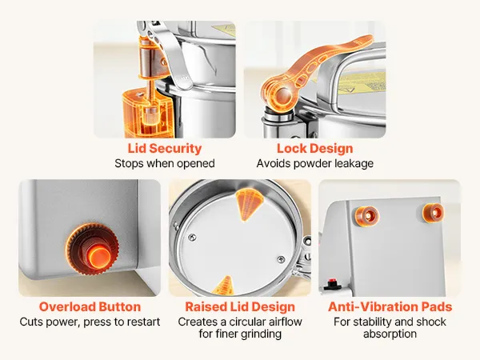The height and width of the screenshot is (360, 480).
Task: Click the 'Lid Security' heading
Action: [165, 149]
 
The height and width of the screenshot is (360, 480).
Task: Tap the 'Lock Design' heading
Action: [315, 149]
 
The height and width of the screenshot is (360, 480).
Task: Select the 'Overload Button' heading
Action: [90, 306]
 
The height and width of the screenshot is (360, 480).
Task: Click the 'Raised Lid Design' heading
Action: [240, 306]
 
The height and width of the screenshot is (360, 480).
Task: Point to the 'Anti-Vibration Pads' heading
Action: [390, 306]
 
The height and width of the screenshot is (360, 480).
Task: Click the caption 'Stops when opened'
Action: [165, 163]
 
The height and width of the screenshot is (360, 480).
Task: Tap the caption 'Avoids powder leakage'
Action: [315, 163]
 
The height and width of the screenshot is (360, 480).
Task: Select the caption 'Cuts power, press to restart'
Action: [90, 322]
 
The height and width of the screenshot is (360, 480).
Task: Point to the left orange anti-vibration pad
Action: [366, 216]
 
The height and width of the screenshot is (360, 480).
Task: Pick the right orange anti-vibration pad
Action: [433, 213]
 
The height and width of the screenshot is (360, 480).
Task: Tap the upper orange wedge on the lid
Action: [249, 204]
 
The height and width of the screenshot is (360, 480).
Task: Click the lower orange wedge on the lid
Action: [222, 286]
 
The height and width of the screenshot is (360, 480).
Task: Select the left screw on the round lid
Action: [192, 238]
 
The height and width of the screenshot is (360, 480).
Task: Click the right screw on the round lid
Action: [281, 259]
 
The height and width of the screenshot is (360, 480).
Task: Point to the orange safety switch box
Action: [146, 113]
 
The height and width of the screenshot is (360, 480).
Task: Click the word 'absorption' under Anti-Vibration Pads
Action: [390, 334]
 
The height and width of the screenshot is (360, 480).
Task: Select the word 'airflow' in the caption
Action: [283, 322]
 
